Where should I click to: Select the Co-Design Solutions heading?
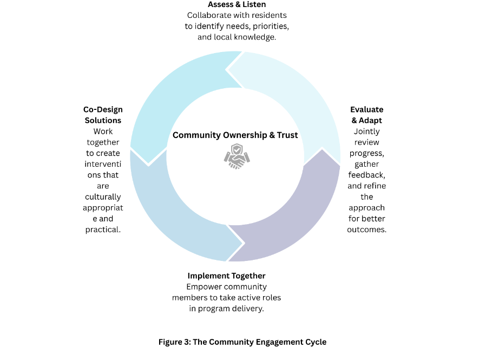(103, 115)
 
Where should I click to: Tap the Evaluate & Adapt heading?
(366, 115)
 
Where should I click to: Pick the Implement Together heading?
(226, 276)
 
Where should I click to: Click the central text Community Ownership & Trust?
(235, 135)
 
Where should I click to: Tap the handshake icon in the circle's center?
(237, 157)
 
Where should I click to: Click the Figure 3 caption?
(242, 342)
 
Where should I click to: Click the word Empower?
(204, 287)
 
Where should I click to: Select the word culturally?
(103, 197)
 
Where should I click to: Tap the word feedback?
(367, 175)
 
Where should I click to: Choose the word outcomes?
(367, 230)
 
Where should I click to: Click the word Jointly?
(367, 132)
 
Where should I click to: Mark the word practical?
(103, 230)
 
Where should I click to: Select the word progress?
(367, 153)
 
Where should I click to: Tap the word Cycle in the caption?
(315, 342)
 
